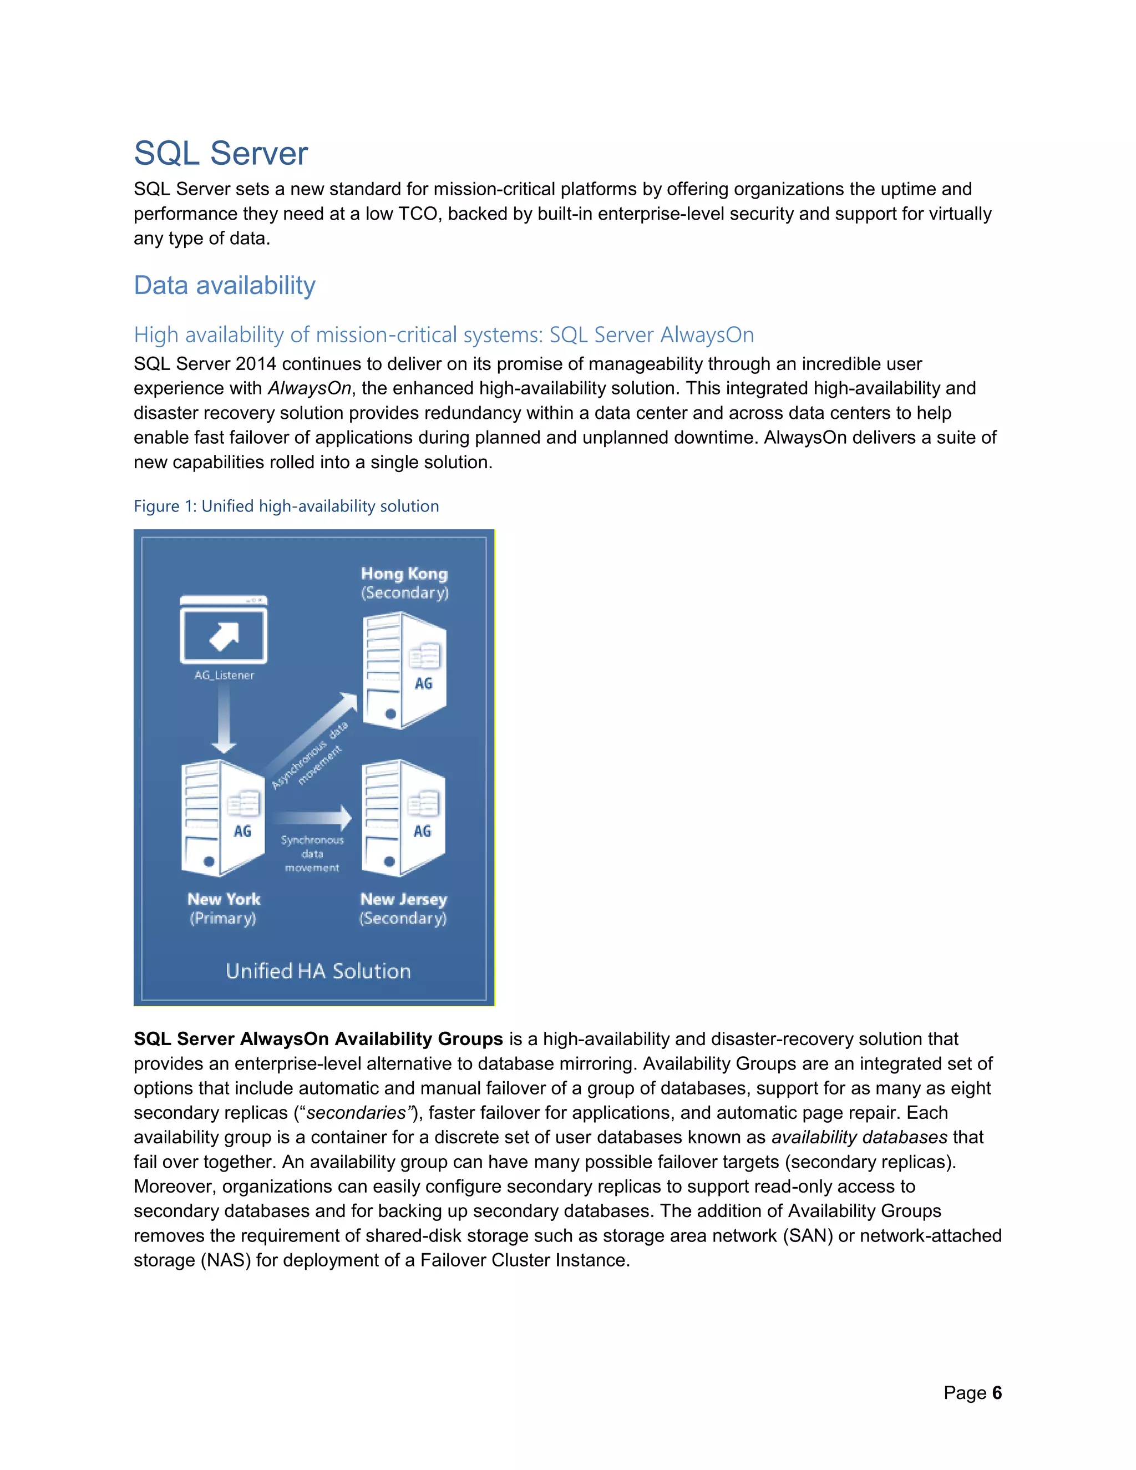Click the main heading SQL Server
[221, 154]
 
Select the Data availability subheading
[224, 285]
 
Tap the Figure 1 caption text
[286, 506]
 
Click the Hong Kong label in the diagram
[404, 574]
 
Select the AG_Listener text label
[224, 675]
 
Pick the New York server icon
[222, 818]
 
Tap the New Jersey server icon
[403, 818]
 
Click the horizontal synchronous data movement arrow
[313, 818]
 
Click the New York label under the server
[224, 899]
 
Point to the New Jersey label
[403, 899]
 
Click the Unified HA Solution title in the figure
[318, 971]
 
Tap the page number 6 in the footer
[997, 1392]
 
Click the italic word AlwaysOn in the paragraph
[310, 388]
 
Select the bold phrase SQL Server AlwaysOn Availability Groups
[318, 1038]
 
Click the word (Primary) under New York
[223, 919]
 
